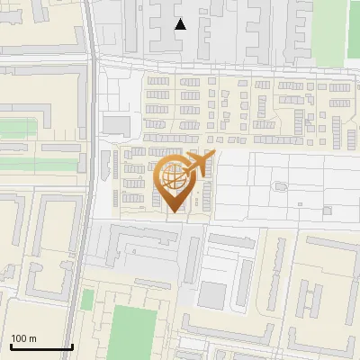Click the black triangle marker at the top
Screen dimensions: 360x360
[x=180, y=24]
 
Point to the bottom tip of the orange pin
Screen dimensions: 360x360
[x=174, y=212]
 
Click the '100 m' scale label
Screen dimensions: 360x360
[x=23, y=338]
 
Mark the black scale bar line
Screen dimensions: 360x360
[x=41, y=346]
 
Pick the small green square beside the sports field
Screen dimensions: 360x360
[x=87, y=299]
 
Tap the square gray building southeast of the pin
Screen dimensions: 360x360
[x=213, y=294]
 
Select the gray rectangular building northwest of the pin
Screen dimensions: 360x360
[x=116, y=124]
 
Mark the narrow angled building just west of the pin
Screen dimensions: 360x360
[x=116, y=166]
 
